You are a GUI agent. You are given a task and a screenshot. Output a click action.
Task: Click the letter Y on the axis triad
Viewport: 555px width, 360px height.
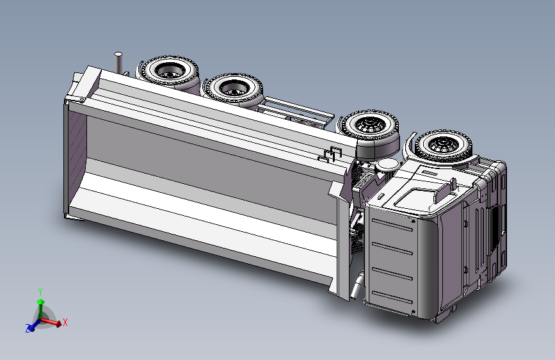(x=40, y=292)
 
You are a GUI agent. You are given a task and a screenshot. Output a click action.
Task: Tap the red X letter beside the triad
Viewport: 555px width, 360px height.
(x=65, y=322)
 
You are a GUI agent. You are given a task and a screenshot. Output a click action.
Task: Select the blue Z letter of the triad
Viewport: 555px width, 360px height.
(x=28, y=328)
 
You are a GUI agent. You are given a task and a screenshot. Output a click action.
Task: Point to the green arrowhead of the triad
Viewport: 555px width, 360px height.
(x=41, y=302)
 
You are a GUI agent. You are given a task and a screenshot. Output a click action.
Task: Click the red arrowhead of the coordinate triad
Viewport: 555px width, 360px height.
(x=58, y=323)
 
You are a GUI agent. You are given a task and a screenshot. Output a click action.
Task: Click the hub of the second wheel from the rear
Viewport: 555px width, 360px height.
(x=233, y=89)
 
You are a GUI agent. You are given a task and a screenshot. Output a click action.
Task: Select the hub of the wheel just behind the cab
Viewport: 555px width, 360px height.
(x=370, y=124)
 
